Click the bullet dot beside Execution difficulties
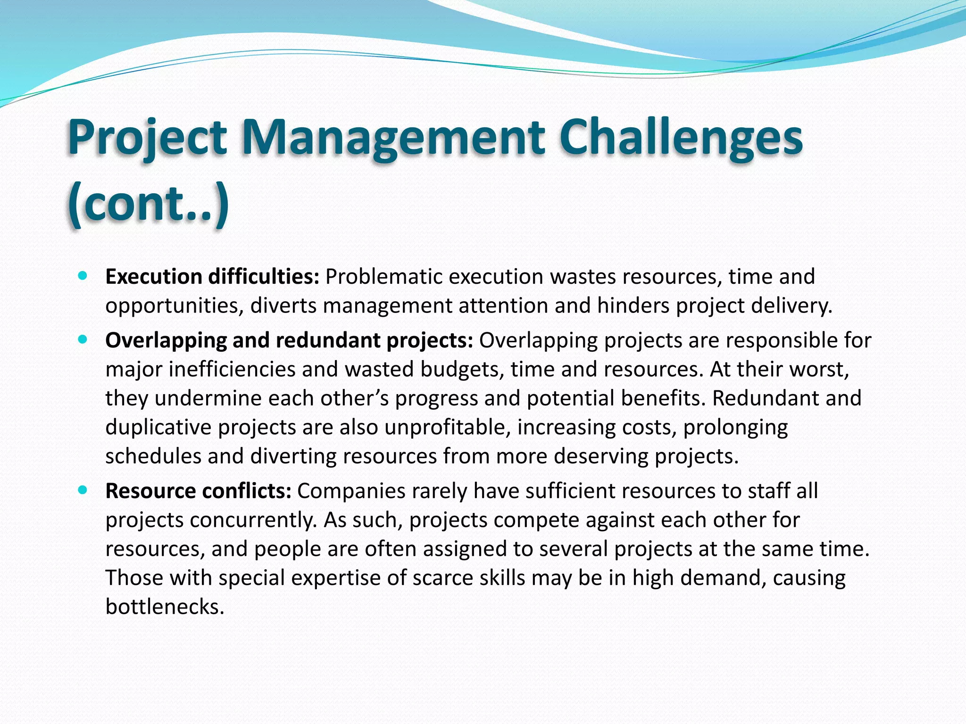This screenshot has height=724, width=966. click(83, 277)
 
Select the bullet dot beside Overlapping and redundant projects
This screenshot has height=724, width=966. click(83, 340)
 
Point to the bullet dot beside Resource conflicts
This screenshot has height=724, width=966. click(83, 491)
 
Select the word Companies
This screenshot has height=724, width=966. click(351, 491)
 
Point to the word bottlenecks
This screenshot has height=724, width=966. click(165, 607)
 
